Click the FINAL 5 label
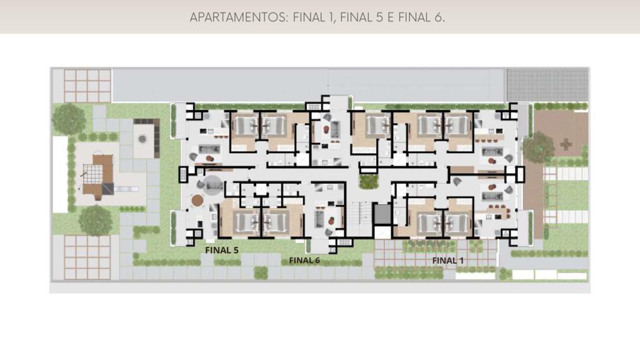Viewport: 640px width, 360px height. pyautogui.click(x=222, y=250)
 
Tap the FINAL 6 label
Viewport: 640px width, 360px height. pyautogui.click(x=304, y=261)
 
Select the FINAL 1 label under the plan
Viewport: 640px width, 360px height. pyautogui.click(x=447, y=261)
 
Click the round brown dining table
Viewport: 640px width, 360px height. pyautogui.click(x=197, y=200)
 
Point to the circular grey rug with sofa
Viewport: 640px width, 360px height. pyautogui.click(x=212, y=186)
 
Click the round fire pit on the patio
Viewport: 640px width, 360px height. pyautogui.click(x=142, y=139)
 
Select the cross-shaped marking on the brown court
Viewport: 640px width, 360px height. pyautogui.click(x=566, y=144)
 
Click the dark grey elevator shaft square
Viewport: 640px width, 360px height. pyautogui.click(x=382, y=214)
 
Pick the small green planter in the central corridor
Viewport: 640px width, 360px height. pyautogui.click(x=369, y=182)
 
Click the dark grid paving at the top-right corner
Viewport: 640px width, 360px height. pyautogui.click(x=547, y=85)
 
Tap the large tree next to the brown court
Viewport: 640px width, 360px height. pyautogui.click(x=539, y=147)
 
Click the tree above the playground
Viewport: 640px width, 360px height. pyautogui.click(x=69, y=119)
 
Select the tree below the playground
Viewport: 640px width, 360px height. pyautogui.click(x=95, y=221)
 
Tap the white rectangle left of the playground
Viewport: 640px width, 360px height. pyautogui.click(x=60, y=175)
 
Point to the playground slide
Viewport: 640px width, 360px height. pyautogui.click(x=127, y=189)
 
